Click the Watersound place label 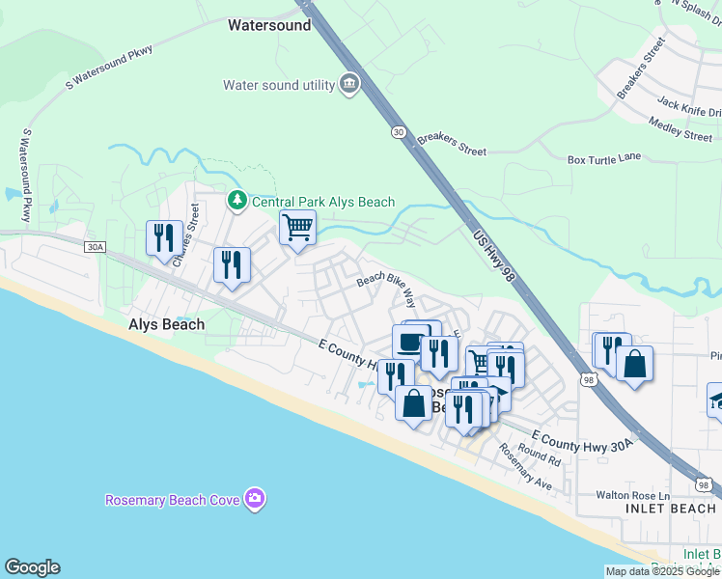(269, 25)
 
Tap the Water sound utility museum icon (348, 85)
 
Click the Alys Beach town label (166, 325)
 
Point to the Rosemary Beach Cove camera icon (256, 499)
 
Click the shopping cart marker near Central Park (297, 229)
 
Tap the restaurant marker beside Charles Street (163, 238)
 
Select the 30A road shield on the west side (95, 247)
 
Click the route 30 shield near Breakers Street (399, 132)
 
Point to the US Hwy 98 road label (495, 255)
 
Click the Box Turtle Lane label (604, 158)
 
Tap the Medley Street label (680, 129)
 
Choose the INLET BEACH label (671, 508)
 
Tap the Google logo (32, 567)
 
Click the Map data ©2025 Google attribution (662, 571)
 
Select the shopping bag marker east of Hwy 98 (634, 365)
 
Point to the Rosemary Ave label (524, 467)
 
